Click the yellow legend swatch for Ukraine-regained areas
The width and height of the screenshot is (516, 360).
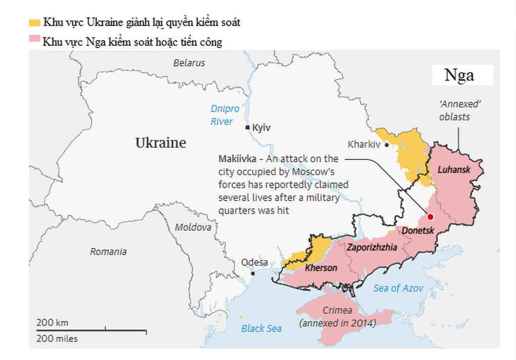pos(34,23)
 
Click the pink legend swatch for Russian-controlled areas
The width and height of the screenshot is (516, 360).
pos(34,39)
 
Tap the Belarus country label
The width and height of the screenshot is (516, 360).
pos(189,63)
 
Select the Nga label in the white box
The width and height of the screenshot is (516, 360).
pos(459,75)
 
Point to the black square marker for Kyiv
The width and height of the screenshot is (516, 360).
pos(247,128)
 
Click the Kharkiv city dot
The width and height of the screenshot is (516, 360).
pos(386,145)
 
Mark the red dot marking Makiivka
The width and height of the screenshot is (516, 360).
pos(430,217)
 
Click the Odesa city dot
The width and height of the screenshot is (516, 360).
pos(253,273)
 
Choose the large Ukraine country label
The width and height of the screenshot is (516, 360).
pos(160,143)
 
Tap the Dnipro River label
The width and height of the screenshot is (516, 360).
pos(224,115)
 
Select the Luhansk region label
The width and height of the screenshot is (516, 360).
pos(454,170)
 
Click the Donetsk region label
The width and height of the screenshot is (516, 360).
pos(417,230)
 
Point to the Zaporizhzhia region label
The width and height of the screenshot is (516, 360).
pos(371,247)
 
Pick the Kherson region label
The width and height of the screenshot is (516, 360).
pos(321,267)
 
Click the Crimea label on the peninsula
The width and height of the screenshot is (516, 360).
pos(337,310)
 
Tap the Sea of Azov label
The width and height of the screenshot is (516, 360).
pos(398,288)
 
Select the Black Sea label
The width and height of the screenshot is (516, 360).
pos(261,328)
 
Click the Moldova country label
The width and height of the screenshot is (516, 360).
pos(193,227)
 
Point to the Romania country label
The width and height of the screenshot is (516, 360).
pos(108,251)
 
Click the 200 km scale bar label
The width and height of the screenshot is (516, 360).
pos(52,323)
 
